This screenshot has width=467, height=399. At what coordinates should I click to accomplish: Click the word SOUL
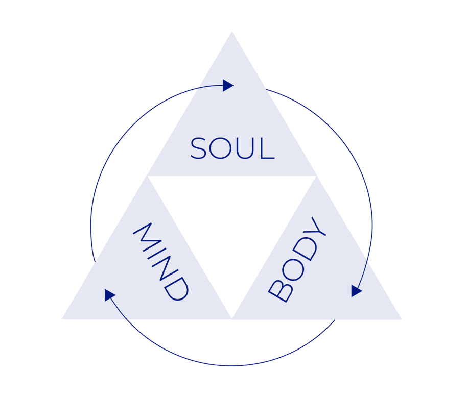pyautogui.click(x=232, y=148)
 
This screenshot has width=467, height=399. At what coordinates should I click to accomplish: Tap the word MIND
pyautogui.click(x=161, y=262)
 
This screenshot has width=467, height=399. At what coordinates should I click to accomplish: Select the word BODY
pyautogui.click(x=297, y=259)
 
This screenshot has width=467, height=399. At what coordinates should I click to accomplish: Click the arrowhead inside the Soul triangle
pyautogui.click(x=228, y=86)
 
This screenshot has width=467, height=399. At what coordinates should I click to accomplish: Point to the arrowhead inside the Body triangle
pyautogui.click(x=356, y=291)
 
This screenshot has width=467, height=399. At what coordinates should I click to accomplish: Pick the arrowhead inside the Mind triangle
pyautogui.click(x=109, y=294)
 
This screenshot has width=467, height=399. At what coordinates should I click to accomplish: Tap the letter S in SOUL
pyautogui.click(x=198, y=148)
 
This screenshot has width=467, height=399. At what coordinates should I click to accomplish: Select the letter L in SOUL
pyautogui.click(x=267, y=148)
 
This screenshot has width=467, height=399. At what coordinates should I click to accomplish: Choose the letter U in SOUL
pyautogui.click(x=245, y=148)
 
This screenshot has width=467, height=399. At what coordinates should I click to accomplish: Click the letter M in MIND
pyautogui.click(x=147, y=237)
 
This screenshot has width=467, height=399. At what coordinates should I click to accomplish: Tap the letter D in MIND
pyautogui.click(x=176, y=288)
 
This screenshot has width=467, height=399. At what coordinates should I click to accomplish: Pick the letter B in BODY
pyautogui.click(x=281, y=290)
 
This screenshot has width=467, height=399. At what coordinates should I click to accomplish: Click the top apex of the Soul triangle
pyautogui.click(x=232, y=31)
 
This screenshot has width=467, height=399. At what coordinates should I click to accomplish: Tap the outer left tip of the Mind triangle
pyautogui.click(x=62, y=319)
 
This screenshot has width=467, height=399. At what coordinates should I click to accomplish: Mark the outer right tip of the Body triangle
pyautogui.click(x=402, y=319)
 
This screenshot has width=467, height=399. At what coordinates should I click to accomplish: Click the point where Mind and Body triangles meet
pyautogui.click(x=232, y=319)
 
